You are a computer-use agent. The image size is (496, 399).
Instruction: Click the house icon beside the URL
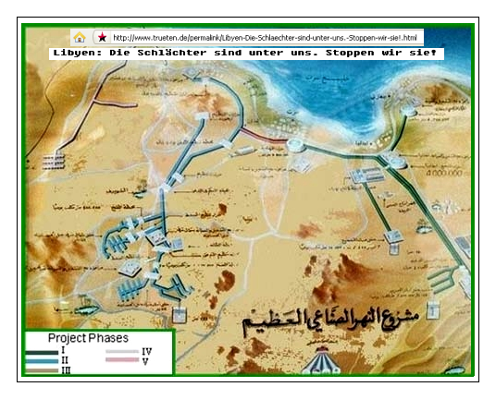(80, 38)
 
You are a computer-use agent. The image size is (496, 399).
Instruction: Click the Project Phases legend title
(88, 338)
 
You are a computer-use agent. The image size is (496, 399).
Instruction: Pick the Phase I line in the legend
(41, 351)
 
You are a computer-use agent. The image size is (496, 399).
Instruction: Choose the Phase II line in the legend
(41, 360)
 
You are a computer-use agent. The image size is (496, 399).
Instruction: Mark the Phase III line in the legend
(41, 369)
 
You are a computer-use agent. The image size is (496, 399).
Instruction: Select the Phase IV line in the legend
(120, 352)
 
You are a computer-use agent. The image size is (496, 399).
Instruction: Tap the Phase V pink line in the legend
(120, 360)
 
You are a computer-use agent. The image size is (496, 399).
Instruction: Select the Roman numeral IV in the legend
(147, 352)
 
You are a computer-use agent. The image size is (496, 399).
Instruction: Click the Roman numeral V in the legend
(145, 360)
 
